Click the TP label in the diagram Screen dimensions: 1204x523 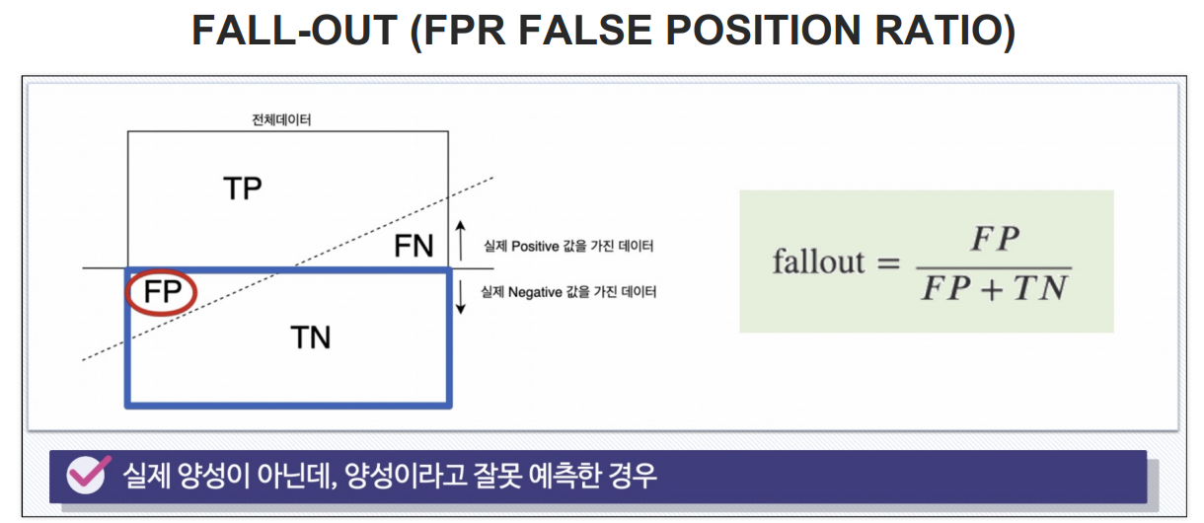pos(242,187)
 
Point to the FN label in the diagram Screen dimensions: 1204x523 pos(414,246)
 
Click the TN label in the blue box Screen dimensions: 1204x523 pos(311,338)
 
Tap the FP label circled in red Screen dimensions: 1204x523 pos(163,292)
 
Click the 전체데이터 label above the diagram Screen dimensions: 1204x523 pos(282,120)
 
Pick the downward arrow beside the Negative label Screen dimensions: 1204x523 pos(460,296)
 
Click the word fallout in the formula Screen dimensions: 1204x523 pos(818,262)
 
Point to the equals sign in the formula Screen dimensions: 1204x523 pos(888,263)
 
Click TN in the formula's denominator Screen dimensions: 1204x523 pos(1040,289)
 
